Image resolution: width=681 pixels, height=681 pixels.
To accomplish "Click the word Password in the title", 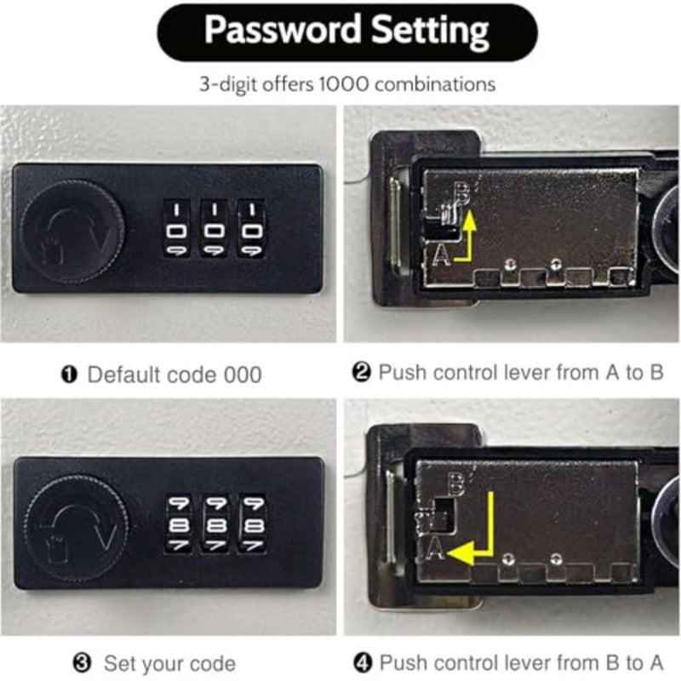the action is (x=283, y=30).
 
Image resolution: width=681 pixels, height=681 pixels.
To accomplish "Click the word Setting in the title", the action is (x=430, y=31).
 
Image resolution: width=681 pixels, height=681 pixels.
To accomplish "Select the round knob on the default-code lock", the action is (x=72, y=232).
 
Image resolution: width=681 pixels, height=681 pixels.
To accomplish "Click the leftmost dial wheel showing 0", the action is (x=176, y=228).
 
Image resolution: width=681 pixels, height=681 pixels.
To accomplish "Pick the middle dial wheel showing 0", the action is (x=214, y=228).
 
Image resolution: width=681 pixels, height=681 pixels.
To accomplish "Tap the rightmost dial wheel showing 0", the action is (x=251, y=228).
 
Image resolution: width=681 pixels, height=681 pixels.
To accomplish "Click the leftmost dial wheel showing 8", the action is (x=179, y=525).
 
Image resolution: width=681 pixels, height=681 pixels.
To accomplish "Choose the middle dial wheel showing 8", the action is (x=216, y=525).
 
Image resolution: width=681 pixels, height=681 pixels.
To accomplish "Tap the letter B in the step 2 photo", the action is (x=462, y=194).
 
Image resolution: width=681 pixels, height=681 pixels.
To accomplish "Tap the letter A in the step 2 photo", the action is (x=442, y=254).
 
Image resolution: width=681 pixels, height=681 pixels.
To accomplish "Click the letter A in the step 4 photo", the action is (x=435, y=548).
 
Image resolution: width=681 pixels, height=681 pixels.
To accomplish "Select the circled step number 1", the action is (x=69, y=375).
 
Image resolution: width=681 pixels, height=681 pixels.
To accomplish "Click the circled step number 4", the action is (x=363, y=663).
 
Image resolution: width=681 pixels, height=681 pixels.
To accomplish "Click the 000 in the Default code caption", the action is (x=243, y=375).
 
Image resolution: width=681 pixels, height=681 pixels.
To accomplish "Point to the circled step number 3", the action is (x=82, y=663).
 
